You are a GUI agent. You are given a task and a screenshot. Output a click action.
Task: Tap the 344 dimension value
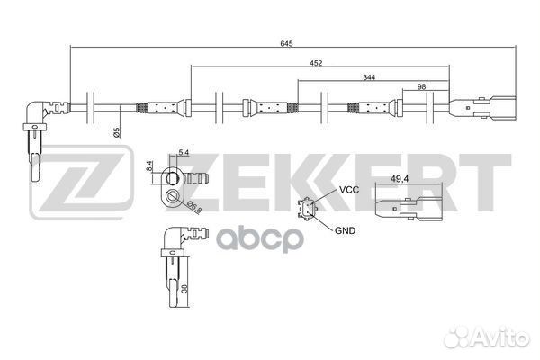[370, 79]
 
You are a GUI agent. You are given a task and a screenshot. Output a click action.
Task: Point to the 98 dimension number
[421, 87]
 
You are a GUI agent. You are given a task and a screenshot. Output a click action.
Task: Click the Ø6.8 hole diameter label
[193, 208]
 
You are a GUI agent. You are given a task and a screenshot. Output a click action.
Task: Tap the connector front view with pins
[308, 211]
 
